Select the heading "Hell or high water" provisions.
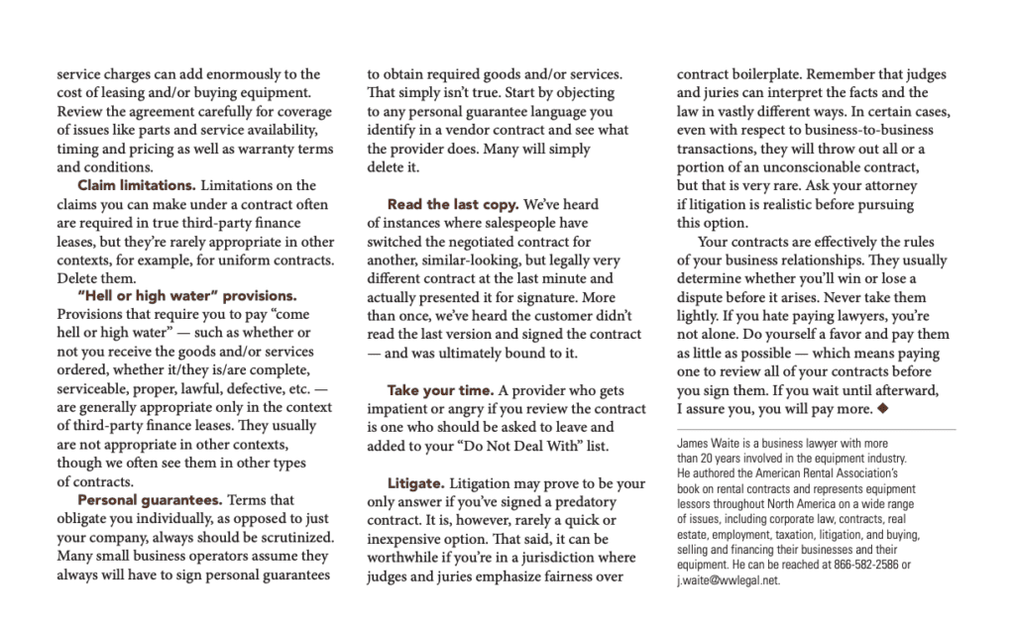186,295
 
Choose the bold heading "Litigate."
415,482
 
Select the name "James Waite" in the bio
702,445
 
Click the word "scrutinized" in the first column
292,538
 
